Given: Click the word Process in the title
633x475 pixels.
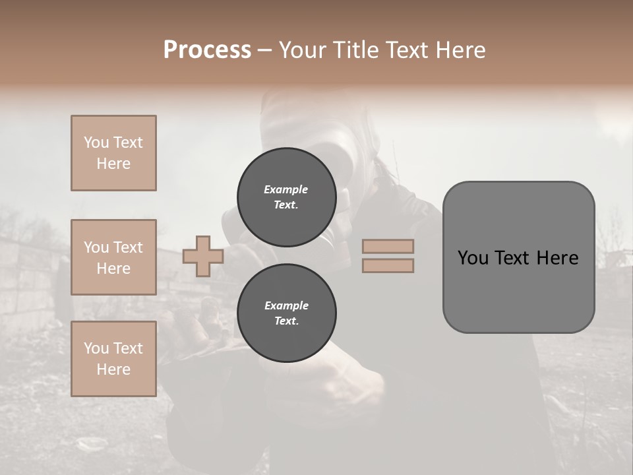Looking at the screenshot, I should pyautogui.click(x=207, y=50).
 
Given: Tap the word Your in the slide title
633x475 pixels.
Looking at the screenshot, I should pyautogui.click(x=303, y=50).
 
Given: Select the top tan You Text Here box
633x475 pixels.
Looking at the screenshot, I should pyautogui.click(x=113, y=153).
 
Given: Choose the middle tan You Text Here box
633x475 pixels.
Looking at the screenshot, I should pyautogui.click(x=113, y=257).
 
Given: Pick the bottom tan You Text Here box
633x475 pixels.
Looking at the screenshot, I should pyautogui.click(x=113, y=359).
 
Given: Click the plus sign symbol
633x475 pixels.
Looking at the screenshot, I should pyautogui.click(x=202, y=256).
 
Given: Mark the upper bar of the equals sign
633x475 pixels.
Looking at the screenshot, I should pyautogui.click(x=388, y=246).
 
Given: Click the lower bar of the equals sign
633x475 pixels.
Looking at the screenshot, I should pyautogui.click(x=388, y=266).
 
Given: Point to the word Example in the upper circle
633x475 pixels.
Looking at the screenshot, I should pyautogui.click(x=286, y=189).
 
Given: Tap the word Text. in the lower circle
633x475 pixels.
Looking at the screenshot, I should pyautogui.click(x=286, y=321).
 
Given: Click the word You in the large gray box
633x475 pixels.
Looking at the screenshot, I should pyautogui.click(x=472, y=258).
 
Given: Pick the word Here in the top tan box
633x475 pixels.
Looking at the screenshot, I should pyautogui.click(x=113, y=164).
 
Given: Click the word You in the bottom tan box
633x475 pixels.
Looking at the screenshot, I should pyautogui.click(x=96, y=348).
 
